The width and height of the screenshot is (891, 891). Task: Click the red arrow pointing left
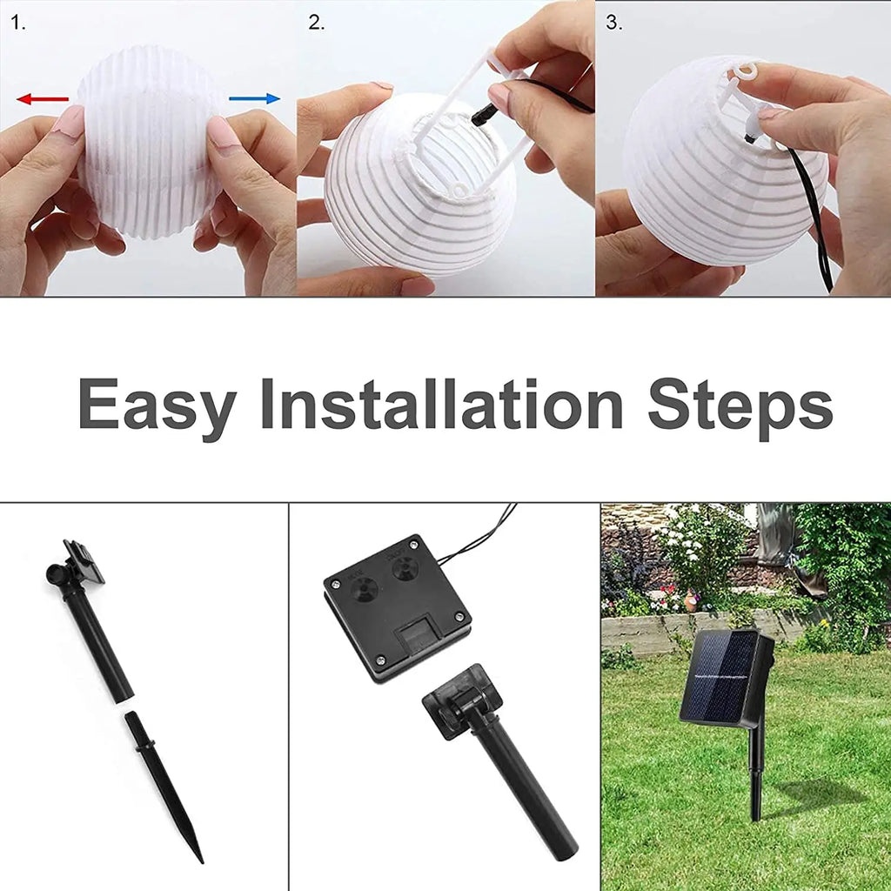(x=42, y=99)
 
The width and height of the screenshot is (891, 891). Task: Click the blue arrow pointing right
(x=255, y=98)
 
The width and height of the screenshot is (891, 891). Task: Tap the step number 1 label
(x=18, y=23)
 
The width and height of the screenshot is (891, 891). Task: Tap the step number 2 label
(x=316, y=23)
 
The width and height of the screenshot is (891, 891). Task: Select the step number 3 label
(x=614, y=23)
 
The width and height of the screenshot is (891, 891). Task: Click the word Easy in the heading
(x=157, y=405)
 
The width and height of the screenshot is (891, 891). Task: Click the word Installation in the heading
(x=441, y=404)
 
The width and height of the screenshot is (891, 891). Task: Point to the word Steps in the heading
(x=740, y=405)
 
